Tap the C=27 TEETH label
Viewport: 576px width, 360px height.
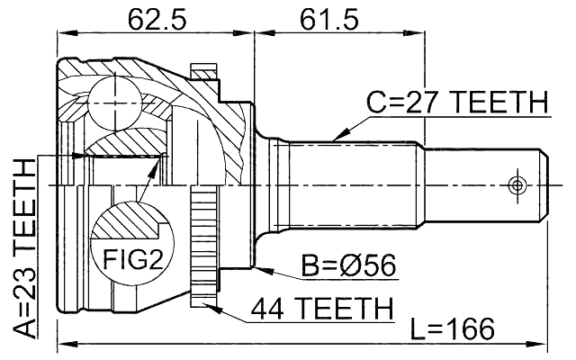pos(457,103)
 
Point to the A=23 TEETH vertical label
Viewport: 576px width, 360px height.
pos(26,245)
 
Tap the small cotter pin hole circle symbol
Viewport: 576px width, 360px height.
pos(517,184)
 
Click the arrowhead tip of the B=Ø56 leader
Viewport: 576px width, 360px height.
pos(256,266)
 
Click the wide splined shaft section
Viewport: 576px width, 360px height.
pos(351,184)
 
